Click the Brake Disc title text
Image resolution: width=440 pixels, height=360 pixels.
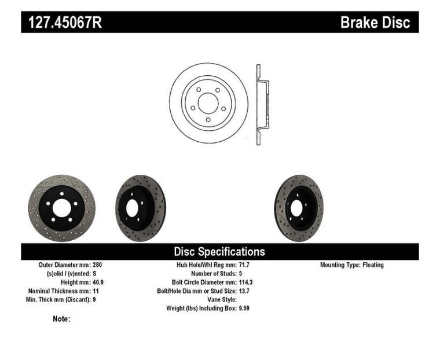pos(375,23)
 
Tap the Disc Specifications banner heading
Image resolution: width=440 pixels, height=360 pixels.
pos(219,252)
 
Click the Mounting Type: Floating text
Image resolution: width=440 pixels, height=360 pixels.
pos(351,265)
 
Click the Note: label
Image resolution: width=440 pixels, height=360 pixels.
pos(61,319)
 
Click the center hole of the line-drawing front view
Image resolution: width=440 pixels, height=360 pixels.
pos(208,103)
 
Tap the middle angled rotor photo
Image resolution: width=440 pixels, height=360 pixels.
pos(140,208)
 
